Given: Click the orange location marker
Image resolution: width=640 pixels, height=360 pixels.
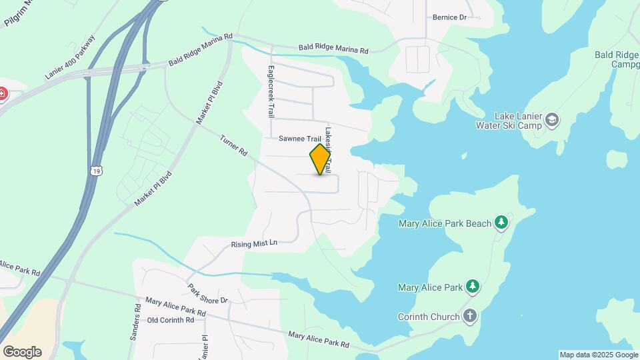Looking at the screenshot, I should [321, 159].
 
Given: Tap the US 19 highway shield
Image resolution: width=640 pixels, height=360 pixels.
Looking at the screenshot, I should [97, 171].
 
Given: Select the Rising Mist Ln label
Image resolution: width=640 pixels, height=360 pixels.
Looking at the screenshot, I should [254, 244].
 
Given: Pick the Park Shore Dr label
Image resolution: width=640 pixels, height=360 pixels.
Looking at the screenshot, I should [207, 293].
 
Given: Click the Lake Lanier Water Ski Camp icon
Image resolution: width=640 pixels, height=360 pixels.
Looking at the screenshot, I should [552, 120].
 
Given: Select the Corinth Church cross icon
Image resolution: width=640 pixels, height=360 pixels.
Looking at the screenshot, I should [471, 317].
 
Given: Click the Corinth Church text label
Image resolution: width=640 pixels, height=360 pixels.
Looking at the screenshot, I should [429, 317].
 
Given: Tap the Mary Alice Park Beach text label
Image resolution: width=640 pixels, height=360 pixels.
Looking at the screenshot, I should [445, 223].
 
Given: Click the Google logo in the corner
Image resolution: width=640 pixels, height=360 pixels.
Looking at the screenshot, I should [22, 351].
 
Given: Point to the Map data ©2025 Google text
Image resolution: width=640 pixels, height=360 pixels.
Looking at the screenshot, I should [598, 355].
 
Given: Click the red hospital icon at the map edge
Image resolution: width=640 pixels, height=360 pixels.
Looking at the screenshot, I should [2, 94].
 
